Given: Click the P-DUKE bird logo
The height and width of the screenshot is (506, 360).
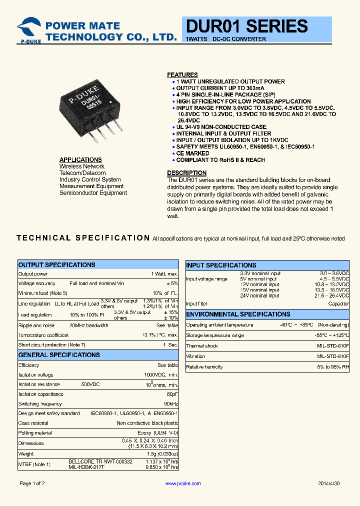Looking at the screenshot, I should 28,28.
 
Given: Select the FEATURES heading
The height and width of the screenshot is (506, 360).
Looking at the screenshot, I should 182,74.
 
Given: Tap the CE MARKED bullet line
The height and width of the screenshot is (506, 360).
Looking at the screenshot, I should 192,153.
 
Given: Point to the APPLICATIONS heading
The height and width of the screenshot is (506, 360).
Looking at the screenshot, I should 80,160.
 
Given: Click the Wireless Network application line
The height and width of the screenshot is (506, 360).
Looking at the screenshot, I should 82,166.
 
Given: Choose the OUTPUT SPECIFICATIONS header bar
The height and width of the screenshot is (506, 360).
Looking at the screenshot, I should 98,264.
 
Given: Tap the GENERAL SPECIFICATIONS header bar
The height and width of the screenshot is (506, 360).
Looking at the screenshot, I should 98,354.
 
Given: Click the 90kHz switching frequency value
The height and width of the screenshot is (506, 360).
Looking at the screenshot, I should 171,403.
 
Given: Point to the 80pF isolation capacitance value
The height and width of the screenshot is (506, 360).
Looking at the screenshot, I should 172,394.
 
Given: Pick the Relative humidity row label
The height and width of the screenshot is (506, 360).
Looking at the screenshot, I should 204,367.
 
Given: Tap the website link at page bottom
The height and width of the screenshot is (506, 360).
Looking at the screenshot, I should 182,483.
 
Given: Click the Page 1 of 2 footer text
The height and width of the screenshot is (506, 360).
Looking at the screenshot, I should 32,483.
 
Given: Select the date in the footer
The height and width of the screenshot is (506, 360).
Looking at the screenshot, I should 328,483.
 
